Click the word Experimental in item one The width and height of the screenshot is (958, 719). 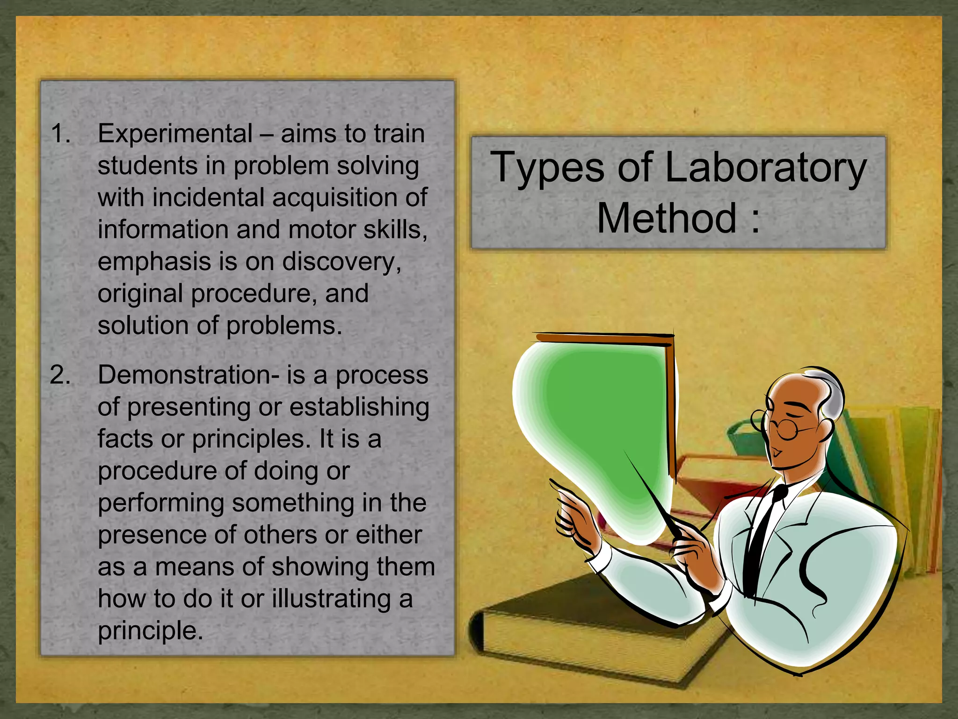tap(175, 134)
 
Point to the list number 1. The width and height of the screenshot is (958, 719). tap(60, 134)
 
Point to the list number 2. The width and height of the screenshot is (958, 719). tap(60, 375)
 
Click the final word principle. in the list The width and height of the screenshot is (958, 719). tap(150, 631)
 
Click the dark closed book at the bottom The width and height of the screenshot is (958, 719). tap(585, 627)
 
